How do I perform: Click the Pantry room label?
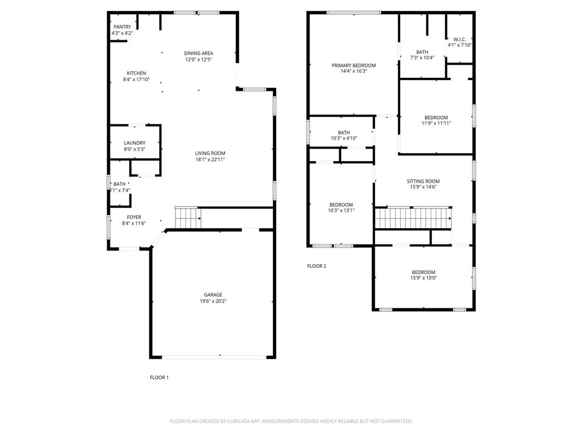click(x=122, y=27)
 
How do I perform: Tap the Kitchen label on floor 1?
click(x=136, y=73)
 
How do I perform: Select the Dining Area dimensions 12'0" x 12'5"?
click(x=198, y=60)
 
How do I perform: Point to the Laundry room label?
click(x=135, y=143)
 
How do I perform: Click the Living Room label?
click(x=210, y=153)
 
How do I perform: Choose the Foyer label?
click(x=134, y=217)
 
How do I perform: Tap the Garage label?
click(x=213, y=295)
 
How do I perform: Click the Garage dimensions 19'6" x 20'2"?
click(x=213, y=301)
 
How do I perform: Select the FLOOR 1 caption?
click(x=159, y=378)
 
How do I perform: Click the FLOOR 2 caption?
click(x=317, y=266)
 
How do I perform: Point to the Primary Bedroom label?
click(x=354, y=65)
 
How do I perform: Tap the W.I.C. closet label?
click(x=460, y=39)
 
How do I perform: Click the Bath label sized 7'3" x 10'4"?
click(x=422, y=52)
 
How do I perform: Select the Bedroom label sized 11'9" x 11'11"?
click(x=436, y=118)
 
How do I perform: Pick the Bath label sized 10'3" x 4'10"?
click(x=344, y=132)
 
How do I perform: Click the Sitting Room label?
click(x=423, y=181)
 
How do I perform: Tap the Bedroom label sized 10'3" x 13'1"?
click(x=341, y=205)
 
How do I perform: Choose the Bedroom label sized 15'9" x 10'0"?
click(x=423, y=272)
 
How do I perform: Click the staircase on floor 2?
click(x=413, y=218)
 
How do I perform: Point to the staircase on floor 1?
click(x=187, y=218)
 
